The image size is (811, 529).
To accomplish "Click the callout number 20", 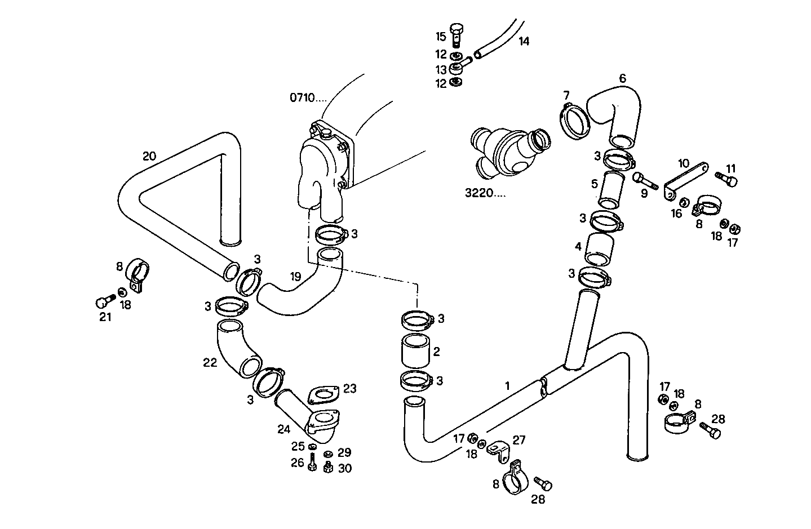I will tap(149, 156).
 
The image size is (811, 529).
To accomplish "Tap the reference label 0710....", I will tap(308, 97).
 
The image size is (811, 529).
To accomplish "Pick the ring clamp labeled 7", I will tap(574, 121).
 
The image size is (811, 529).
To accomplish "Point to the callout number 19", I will tap(295, 276).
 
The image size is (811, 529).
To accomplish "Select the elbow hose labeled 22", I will tap(237, 349).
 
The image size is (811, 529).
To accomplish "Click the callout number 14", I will tap(524, 41).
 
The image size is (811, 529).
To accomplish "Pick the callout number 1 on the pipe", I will tap(507, 386).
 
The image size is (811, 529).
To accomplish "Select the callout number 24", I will tap(283, 429).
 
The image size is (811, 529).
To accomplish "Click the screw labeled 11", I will tap(726, 180).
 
